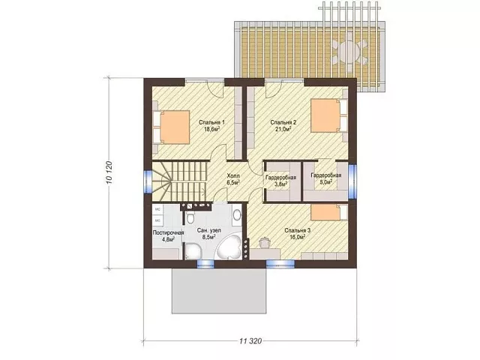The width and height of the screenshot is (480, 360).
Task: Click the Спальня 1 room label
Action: [211, 122]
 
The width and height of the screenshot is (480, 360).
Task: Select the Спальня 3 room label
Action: [298, 230]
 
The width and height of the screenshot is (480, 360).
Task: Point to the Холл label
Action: [233, 176]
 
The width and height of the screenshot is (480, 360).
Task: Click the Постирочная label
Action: [168, 232]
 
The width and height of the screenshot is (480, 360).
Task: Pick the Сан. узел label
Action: [209, 230]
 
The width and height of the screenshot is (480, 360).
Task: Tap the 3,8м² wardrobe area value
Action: [280, 184]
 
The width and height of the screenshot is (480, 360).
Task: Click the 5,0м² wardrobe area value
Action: [325, 181]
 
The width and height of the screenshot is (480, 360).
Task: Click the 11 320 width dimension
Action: [250, 340]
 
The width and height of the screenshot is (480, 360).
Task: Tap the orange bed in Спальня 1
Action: [175, 127]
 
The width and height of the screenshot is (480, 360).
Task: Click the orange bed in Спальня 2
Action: [325, 115]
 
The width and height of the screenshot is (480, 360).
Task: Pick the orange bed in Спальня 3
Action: [325, 212]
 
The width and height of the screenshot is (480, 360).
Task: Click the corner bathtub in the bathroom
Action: [229, 247]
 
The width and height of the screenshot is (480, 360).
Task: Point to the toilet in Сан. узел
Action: [190, 217]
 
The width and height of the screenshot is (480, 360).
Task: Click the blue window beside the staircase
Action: [148, 181]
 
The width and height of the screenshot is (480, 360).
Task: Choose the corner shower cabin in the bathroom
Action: [193, 252]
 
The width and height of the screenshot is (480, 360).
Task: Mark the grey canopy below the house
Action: [219, 291]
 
